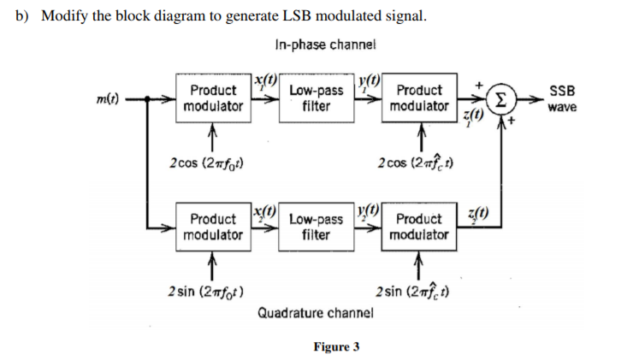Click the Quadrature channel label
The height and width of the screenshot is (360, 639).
coord(315,313)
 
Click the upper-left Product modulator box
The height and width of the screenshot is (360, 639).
coord(213,98)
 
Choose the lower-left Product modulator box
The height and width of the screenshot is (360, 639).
coord(213,227)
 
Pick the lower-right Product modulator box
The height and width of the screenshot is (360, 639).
coord(418,227)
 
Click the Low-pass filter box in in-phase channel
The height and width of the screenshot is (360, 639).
coord(316,98)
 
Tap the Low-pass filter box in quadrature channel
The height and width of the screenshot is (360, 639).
coord(316,227)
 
